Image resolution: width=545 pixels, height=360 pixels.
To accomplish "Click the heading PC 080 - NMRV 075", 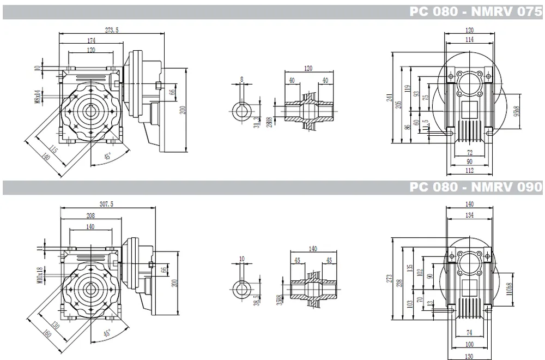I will click(475, 12).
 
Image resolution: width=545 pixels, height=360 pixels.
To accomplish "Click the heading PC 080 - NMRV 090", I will click(475, 188).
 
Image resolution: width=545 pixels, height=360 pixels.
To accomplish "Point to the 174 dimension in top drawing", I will click(91, 41).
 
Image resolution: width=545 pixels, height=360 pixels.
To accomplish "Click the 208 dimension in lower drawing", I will click(90, 216).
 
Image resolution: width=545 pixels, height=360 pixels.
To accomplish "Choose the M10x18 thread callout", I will click(38, 275).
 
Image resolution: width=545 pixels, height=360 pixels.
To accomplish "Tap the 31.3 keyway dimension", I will click(256, 123).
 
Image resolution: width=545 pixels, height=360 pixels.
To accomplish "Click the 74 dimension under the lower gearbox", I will click(469, 333).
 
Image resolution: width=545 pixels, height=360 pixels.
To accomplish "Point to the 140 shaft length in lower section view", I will click(312, 249).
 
